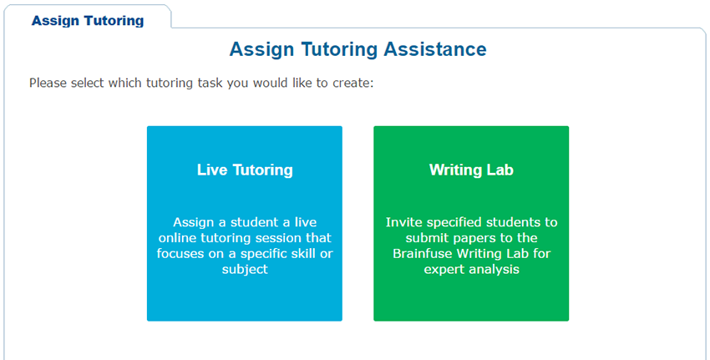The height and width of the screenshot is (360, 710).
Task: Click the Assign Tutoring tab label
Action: tap(88, 21)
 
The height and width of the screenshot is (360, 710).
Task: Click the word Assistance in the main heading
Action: tap(435, 49)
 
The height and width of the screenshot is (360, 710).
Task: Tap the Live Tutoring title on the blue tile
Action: tap(245, 170)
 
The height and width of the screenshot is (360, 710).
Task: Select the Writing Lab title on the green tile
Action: tap(471, 170)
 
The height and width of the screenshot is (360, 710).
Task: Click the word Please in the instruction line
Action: tap(48, 84)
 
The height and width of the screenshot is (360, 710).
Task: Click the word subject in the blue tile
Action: tap(245, 270)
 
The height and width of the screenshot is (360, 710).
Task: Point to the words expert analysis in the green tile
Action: tap(471, 270)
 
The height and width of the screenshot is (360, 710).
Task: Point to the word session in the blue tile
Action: tap(271, 238)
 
